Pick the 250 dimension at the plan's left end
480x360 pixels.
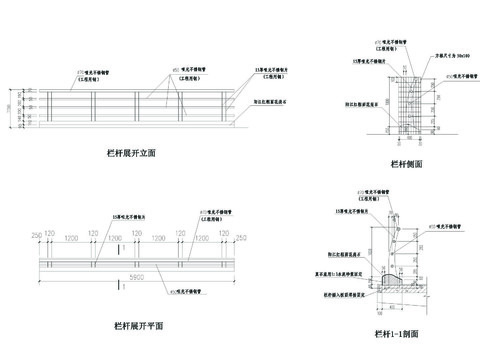[37, 236]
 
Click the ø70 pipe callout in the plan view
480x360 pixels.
[218, 215]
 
